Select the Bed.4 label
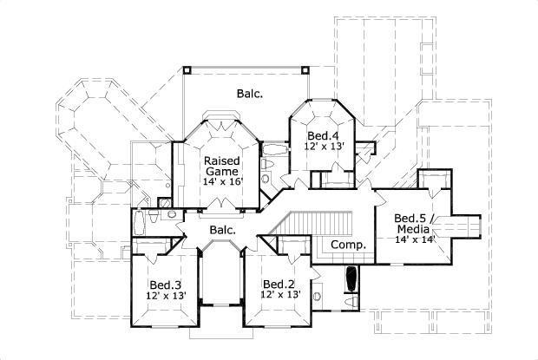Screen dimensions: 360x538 pos(323,135)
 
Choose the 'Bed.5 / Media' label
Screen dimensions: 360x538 pos(414,223)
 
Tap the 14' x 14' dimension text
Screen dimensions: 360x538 pos(414,239)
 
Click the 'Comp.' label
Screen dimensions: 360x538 pos(349,245)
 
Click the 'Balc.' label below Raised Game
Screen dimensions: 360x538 pos(223,230)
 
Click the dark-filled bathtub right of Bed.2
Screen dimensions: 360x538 pos(351,280)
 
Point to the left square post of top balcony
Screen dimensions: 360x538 pos(186,67)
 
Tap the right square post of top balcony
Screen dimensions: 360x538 pos(304,67)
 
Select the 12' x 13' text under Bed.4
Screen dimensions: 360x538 pos(324,147)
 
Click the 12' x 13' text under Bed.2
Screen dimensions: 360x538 pos(279,296)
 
